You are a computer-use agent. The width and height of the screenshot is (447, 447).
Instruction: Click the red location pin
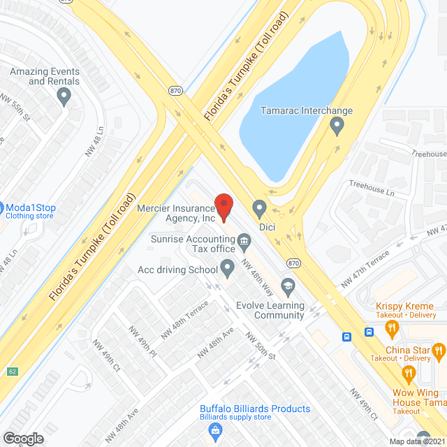pos(223,207)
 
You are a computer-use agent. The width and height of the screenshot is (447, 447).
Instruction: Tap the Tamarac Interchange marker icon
pos(337,126)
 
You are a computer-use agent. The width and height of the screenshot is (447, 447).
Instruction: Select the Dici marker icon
pos(259,208)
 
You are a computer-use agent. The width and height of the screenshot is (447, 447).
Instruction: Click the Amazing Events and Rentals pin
pos(65,97)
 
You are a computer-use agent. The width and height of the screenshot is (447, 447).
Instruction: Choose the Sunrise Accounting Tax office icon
pos(244,242)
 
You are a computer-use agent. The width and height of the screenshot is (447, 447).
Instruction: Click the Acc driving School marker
pos(228,267)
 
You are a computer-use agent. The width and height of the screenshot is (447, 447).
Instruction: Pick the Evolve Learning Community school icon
pos(288,285)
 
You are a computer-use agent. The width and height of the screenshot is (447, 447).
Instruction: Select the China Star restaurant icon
pos(439,350)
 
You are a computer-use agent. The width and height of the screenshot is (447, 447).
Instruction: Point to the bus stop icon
pos(346,337)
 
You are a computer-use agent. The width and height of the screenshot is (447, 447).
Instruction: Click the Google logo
pos(23,438)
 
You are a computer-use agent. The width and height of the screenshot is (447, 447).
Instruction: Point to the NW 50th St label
pos(262,347)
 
